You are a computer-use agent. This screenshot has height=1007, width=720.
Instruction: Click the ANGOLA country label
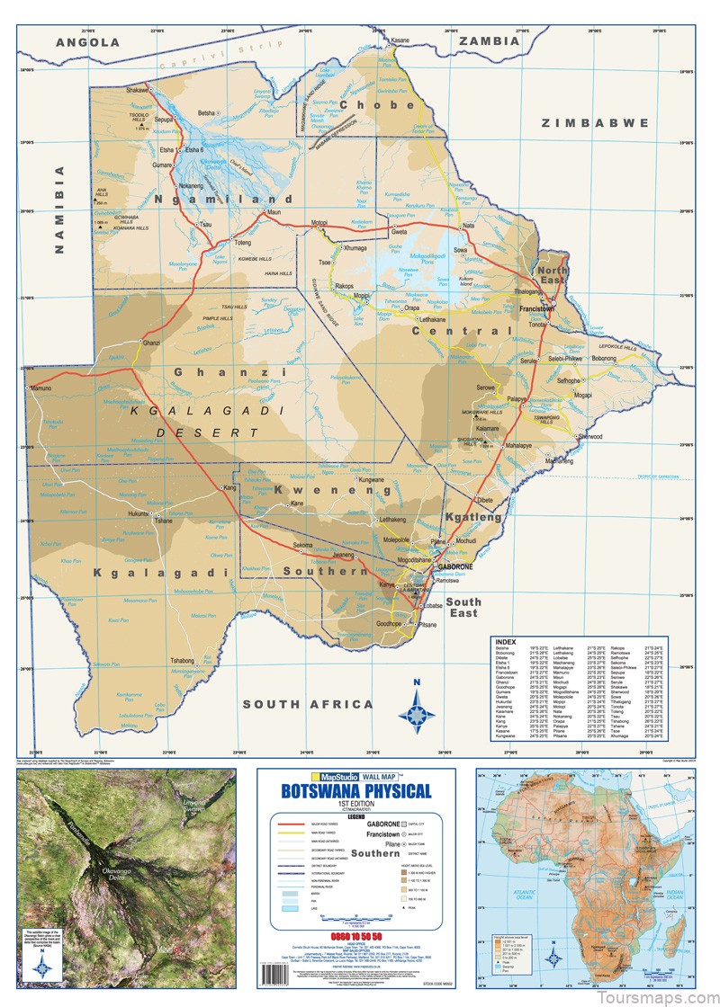point(87,42)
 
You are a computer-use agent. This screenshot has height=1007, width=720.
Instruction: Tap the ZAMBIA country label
point(489,41)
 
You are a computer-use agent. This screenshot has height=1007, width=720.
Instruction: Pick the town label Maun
point(275,212)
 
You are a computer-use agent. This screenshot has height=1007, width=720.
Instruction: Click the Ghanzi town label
point(150,343)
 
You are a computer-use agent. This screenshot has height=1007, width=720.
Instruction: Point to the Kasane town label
point(400,40)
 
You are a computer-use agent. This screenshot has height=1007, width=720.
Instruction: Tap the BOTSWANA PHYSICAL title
point(355,791)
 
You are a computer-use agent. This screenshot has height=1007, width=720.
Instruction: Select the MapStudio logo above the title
point(332,775)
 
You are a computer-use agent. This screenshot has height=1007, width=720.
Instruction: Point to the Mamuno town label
point(42,388)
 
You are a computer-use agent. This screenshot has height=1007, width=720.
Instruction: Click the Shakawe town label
point(138,90)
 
